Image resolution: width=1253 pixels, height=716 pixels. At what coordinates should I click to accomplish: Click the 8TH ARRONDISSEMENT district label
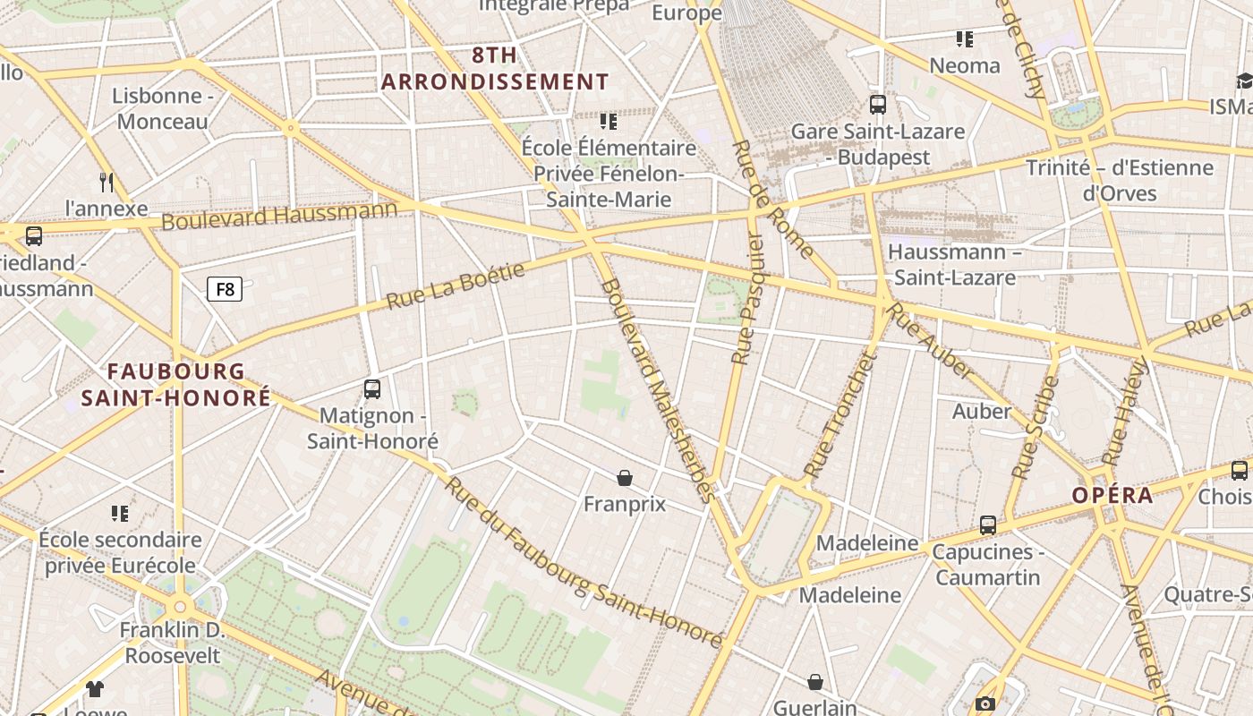(x=495, y=69)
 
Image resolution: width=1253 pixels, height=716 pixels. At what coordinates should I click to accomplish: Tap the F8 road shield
(x=225, y=289)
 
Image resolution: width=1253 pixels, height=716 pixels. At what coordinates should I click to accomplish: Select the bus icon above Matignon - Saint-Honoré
(x=372, y=389)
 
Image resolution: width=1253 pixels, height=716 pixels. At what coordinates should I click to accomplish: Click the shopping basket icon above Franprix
(x=625, y=478)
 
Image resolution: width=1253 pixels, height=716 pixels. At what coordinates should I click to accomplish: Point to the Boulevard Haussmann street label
(x=279, y=216)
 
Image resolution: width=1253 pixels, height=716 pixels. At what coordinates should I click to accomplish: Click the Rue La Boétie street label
(x=455, y=286)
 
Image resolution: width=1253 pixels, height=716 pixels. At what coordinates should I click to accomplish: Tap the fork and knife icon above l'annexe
(x=107, y=183)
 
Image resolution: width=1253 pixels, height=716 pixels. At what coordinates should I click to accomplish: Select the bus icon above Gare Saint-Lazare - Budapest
(x=877, y=105)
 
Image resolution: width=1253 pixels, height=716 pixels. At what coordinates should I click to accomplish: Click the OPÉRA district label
(x=1112, y=495)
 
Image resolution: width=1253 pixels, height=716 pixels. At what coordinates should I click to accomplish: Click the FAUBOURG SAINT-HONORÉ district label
(x=175, y=385)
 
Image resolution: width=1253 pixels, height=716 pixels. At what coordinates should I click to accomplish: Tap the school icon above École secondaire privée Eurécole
(x=120, y=514)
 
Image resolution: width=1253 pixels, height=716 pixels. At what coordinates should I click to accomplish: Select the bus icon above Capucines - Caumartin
(x=987, y=525)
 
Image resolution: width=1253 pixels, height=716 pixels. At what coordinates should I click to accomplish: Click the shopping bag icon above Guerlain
(x=815, y=682)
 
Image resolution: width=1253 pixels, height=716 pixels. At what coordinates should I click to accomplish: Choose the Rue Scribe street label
(x=1036, y=427)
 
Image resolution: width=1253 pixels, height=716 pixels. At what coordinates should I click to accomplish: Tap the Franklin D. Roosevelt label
(x=172, y=643)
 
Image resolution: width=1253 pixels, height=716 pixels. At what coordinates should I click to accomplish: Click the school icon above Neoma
(x=964, y=39)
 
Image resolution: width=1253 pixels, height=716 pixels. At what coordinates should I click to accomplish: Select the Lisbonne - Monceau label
(x=162, y=108)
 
